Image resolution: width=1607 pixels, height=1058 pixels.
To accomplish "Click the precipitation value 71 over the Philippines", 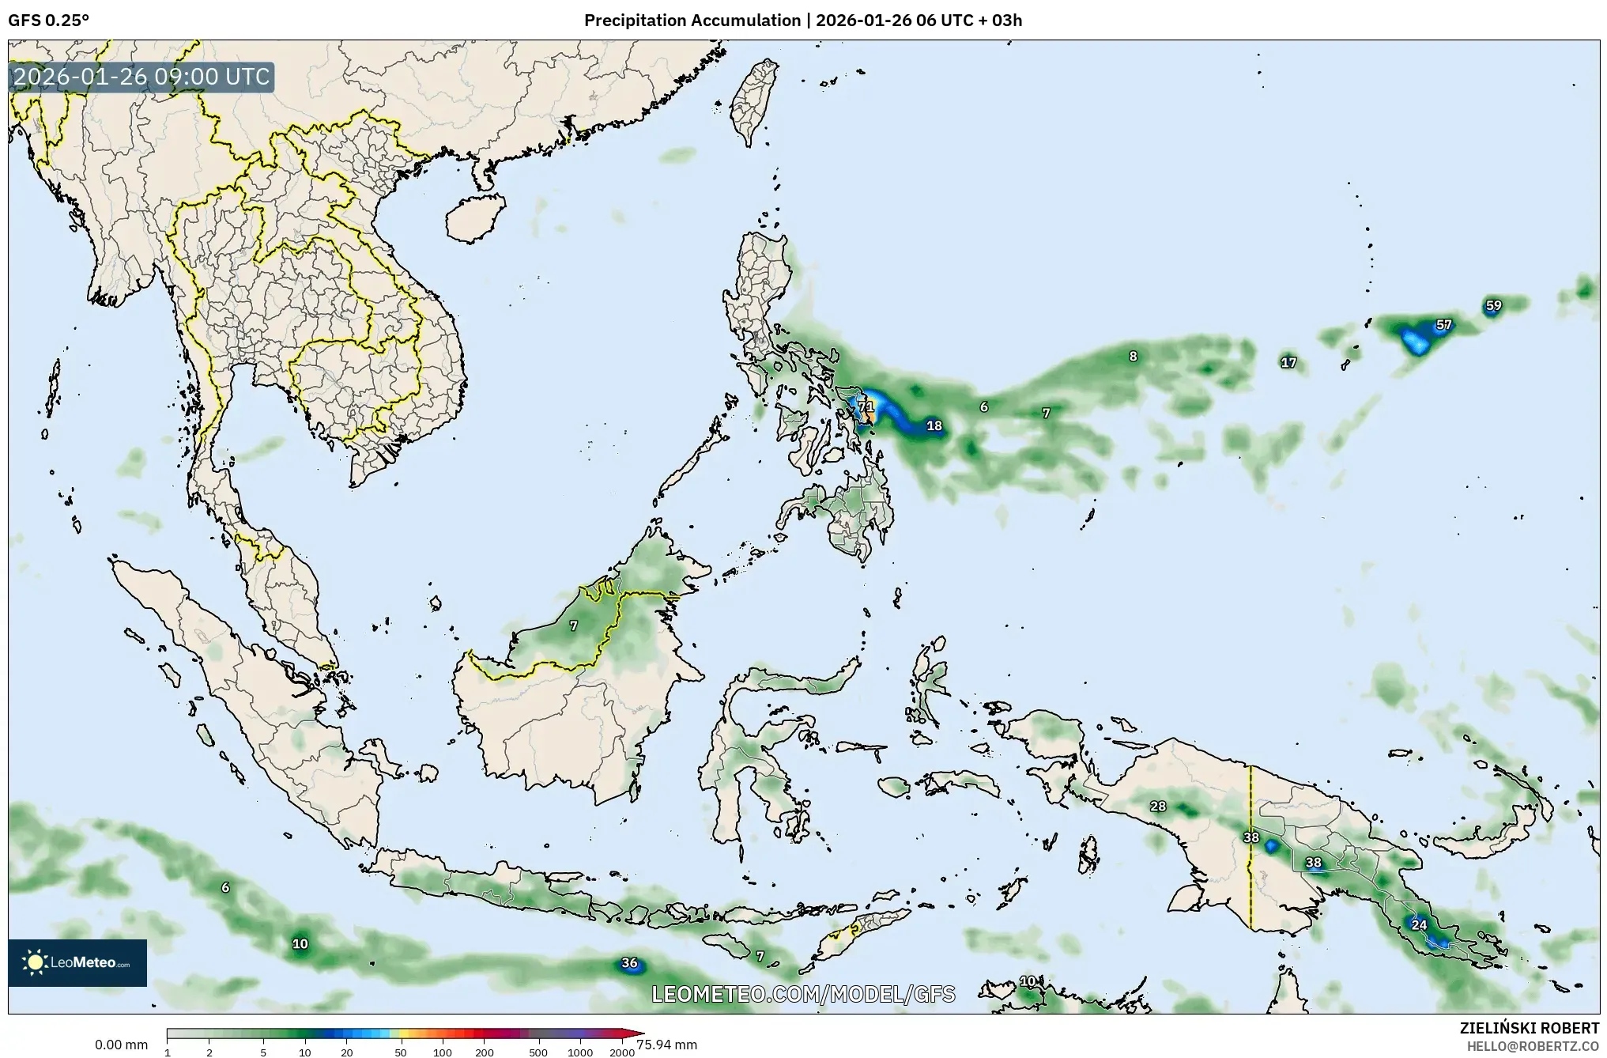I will (x=866, y=407).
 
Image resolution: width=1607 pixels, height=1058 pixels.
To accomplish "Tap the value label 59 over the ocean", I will (x=1492, y=306).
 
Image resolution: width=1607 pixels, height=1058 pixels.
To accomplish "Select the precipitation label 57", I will (x=1443, y=325).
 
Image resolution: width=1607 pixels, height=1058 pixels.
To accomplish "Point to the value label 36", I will (x=629, y=963).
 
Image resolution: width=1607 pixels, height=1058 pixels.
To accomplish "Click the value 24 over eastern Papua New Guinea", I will (x=1419, y=925).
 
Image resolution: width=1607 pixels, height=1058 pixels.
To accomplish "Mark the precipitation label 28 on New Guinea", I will (x=1158, y=807).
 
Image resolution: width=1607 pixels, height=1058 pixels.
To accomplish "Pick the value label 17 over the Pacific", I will (x=1288, y=363).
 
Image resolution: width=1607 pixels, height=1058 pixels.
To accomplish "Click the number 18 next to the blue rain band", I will (x=934, y=426).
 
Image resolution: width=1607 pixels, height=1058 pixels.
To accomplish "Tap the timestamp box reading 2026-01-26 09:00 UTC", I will (x=141, y=77).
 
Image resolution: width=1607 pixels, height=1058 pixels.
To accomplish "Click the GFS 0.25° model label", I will (x=48, y=21).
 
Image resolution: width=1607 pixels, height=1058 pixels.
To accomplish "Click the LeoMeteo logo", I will (x=77, y=962).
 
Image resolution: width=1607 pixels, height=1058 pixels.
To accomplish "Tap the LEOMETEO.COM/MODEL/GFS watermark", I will (x=802, y=994).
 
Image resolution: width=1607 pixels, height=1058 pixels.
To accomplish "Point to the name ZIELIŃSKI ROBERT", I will (x=1529, y=1029).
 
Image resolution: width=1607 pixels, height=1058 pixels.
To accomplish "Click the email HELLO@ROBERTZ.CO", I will (x=1533, y=1046).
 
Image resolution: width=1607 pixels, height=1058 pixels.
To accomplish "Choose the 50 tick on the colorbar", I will (x=401, y=1052).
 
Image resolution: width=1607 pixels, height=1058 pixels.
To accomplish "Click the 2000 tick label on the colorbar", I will (x=622, y=1052).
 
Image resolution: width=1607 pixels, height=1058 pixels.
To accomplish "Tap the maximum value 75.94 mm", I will (x=666, y=1045).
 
